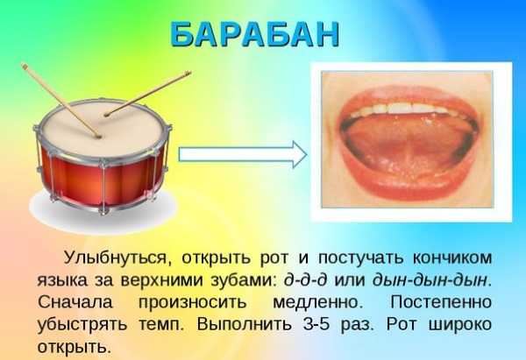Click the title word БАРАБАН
(255, 34)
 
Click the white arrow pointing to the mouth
(243, 154)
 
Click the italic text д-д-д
(305, 280)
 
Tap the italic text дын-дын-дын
(430, 280)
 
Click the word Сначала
(75, 302)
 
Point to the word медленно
(318, 303)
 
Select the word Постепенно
(441, 302)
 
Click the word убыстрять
(82, 324)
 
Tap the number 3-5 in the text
(317, 324)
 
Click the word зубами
(243, 280)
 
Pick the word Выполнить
(245, 324)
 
